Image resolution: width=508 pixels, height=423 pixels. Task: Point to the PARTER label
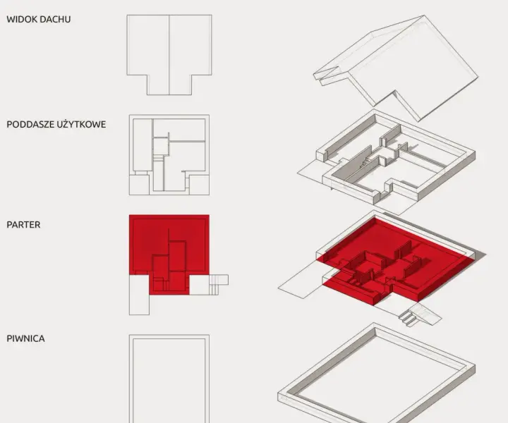point(23,225)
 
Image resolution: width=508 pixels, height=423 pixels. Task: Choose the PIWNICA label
point(25,338)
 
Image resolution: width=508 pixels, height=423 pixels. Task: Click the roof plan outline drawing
point(169,55)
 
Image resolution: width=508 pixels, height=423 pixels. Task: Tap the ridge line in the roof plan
point(169,55)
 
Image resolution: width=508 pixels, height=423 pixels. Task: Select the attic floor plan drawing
point(169,154)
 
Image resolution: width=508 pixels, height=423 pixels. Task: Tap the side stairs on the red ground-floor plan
point(218,285)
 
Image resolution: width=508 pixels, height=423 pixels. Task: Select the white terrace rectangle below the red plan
point(139,295)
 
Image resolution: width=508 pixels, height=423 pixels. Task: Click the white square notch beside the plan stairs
point(199,285)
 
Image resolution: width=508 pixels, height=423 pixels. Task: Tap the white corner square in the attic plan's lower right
point(199,185)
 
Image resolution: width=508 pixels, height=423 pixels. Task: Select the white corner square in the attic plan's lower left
point(139,185)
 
